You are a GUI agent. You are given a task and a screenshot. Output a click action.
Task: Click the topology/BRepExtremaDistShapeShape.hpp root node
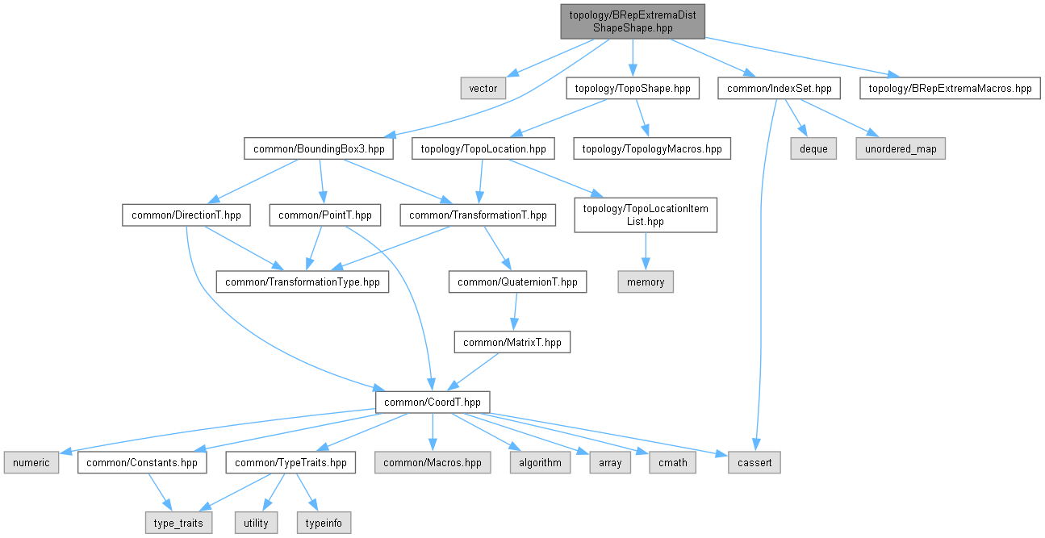click(633, 21)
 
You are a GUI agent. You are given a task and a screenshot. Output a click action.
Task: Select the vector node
click(483, 88)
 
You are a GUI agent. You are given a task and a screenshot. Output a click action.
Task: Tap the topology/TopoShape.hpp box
click(633, 88)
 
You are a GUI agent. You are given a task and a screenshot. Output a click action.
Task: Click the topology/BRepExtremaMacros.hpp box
click(949, 88)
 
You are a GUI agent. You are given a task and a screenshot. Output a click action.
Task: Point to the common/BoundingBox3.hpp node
click(319, 149)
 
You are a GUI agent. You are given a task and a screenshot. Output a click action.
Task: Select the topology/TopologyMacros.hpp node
click(652, 149)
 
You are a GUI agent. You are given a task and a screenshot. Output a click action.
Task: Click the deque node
click(813, 149)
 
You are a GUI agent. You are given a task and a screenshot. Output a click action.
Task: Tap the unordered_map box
click(901, 149)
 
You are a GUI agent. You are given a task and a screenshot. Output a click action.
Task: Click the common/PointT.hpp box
click(324, 215)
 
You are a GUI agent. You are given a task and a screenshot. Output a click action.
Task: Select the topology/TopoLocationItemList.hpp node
click(645, 215)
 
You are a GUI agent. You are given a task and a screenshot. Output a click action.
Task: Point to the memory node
click(645, 282)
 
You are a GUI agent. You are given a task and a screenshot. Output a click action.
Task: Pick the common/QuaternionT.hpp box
click(517, 282)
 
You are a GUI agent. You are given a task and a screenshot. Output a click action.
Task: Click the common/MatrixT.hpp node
click(512, 342)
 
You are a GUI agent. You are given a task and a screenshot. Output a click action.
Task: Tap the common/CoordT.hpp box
click(433, 402)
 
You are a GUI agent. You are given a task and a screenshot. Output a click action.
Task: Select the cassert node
click(754, 463)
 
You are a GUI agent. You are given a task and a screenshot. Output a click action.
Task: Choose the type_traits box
click(179, 523)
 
